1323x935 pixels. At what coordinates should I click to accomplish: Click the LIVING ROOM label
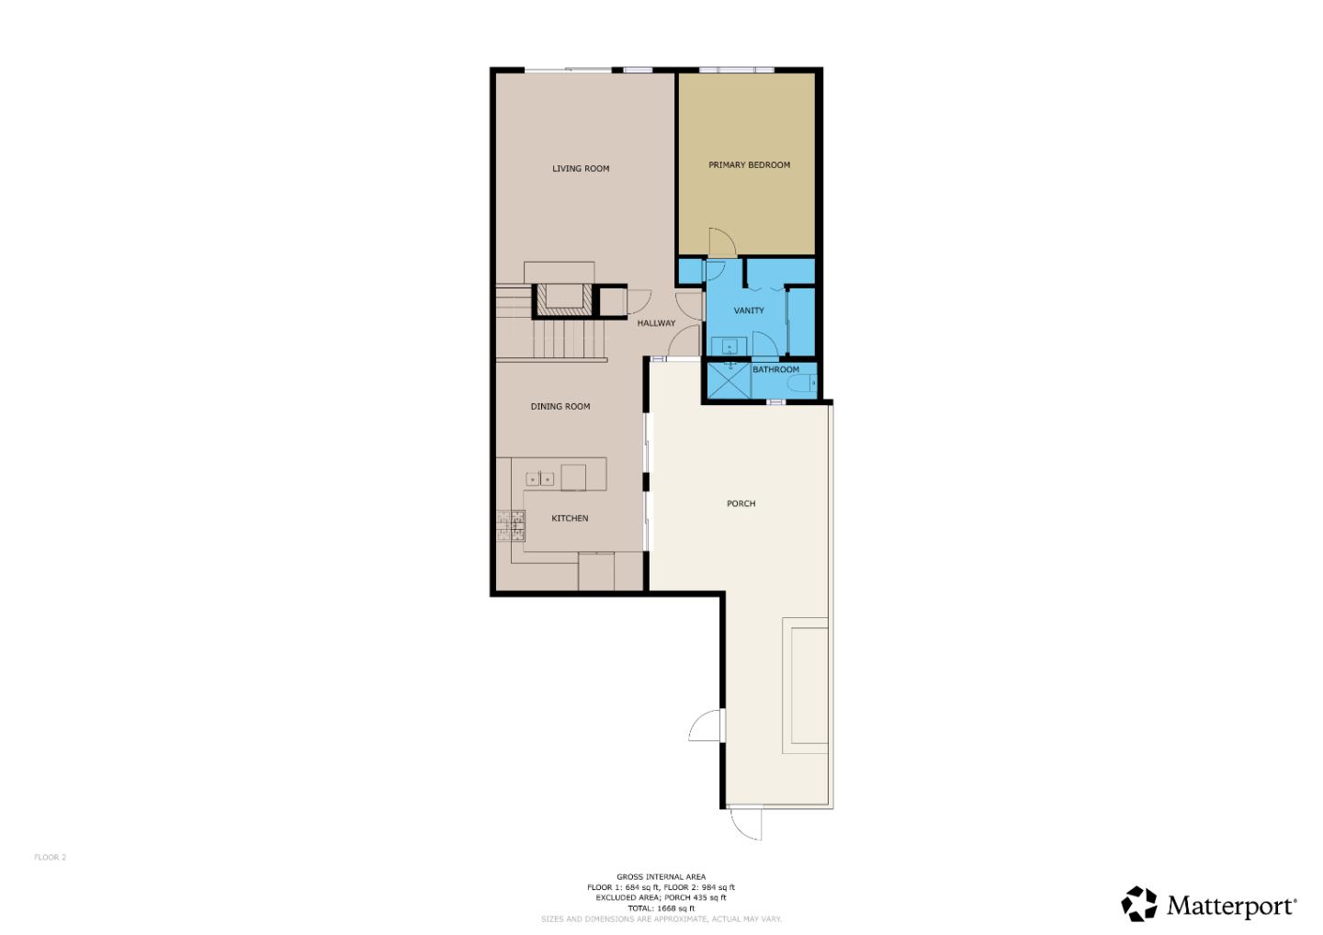point(581,169)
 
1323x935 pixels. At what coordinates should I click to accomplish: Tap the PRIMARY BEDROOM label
point(749,165)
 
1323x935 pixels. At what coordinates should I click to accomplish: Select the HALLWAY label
point(656,323)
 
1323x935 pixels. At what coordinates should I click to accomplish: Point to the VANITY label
point(749,310)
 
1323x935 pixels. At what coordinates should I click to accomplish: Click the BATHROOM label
point(775,370)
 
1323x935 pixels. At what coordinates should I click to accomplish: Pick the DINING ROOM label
point(560,407)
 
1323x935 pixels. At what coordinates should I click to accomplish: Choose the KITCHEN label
point(570,519)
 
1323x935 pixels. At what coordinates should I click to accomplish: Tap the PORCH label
point(741,504)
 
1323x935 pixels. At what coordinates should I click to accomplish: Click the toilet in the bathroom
point(805,383)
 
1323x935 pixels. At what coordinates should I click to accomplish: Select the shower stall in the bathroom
point(728,379)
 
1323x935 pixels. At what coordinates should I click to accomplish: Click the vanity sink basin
point(729,346)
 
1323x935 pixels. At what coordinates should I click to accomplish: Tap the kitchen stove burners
point(511,525)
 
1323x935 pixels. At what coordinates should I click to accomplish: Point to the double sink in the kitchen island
point(539,479)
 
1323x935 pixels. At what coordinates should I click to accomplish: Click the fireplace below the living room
point(560,297)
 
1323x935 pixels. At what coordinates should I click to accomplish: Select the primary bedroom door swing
point(721,242)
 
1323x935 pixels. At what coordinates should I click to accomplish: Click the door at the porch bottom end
point(746,823)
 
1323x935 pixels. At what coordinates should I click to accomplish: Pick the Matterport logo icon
point(1139,904)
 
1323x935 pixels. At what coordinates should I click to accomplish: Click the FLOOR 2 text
point(51,858)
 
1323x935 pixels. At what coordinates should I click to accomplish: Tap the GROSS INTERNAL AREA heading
point(661,877)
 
